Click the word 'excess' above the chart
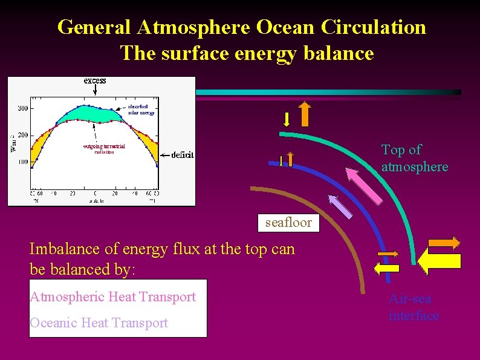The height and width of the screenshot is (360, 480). [95, 80]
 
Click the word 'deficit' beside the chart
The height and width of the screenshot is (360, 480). [182, 155]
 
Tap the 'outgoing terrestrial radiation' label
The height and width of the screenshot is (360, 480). [104, 149]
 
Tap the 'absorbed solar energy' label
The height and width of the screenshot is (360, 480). [140, 110]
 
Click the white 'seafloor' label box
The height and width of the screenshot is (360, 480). [288, 222]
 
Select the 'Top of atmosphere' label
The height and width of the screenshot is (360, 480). [414, 158]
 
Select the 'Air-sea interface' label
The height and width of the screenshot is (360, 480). [414, 307]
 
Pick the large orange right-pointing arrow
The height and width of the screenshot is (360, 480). [443, 243]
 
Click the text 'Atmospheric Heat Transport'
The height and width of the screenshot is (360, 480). [113, 296]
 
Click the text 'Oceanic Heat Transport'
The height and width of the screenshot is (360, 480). [99, 322]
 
